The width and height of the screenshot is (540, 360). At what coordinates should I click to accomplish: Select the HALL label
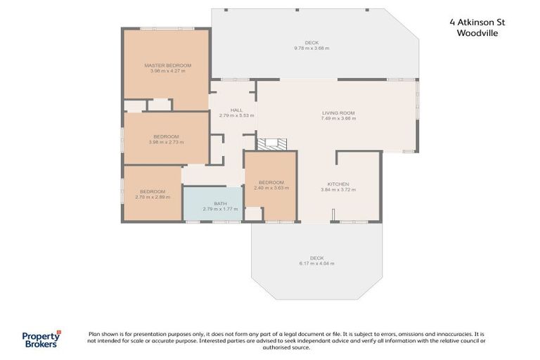pos(236,110)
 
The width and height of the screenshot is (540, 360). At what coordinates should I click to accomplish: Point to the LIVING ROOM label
pos(338,113)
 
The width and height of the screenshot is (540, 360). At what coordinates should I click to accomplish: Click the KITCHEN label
pos(335,184)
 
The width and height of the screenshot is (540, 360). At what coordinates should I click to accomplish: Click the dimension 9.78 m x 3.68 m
pos(311,49)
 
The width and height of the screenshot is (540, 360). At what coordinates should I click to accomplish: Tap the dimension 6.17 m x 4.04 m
pos(316,264)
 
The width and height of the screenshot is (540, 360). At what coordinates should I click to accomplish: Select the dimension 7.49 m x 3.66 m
pos(338,119)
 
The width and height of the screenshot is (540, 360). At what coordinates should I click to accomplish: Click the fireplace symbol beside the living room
pos(272,144)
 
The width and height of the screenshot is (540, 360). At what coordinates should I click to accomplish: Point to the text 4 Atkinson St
pos(477,22)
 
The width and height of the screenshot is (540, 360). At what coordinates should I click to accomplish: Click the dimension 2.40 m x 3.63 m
pos(271,188)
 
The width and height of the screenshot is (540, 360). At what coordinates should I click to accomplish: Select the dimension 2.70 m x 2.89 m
pos(153,197)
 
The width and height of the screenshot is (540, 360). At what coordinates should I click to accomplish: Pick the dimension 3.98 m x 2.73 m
pos(167,142)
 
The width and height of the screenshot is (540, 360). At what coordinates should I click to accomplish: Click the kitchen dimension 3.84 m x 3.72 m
pos(335,190)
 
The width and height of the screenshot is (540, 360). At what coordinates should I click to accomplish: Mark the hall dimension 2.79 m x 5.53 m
pos(236,115)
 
